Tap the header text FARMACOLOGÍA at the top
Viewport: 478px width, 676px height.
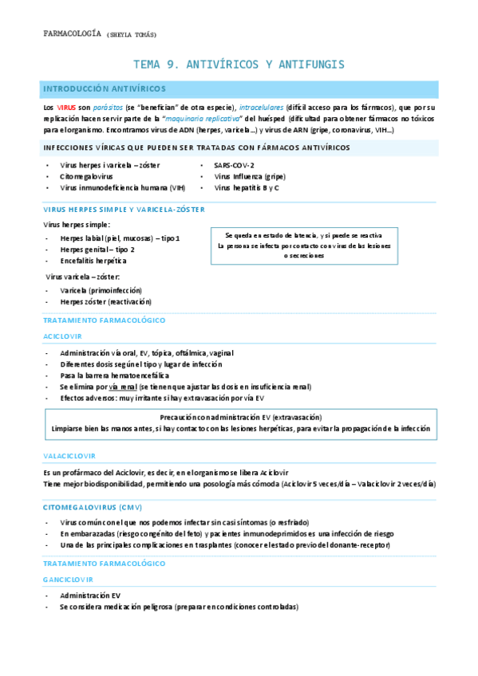pyautogui.click(x=71, y=33)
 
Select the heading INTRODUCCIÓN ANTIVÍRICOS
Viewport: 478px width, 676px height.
pyautogui.click(x=104, y=88)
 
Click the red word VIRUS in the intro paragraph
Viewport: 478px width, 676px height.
pyautogui.click(x=66, y=107)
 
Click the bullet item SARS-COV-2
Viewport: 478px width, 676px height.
pyautogui.click(x=235, y=165)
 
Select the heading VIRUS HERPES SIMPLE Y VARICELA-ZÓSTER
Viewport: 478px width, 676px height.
pyautogui.click(x=124, y=209)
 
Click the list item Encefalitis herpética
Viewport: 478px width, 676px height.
pyautogui.click(x=93, y=261)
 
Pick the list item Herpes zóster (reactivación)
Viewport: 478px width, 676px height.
pyautogui.click(x=105, y=302)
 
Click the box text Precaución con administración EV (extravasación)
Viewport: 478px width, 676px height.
pyautogui.click(x=240, y=417)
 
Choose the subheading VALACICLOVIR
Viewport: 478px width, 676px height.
pyautogui.click(x=69, y=456)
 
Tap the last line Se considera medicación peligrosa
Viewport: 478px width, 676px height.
pyautogui.click(x=179, y=607)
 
